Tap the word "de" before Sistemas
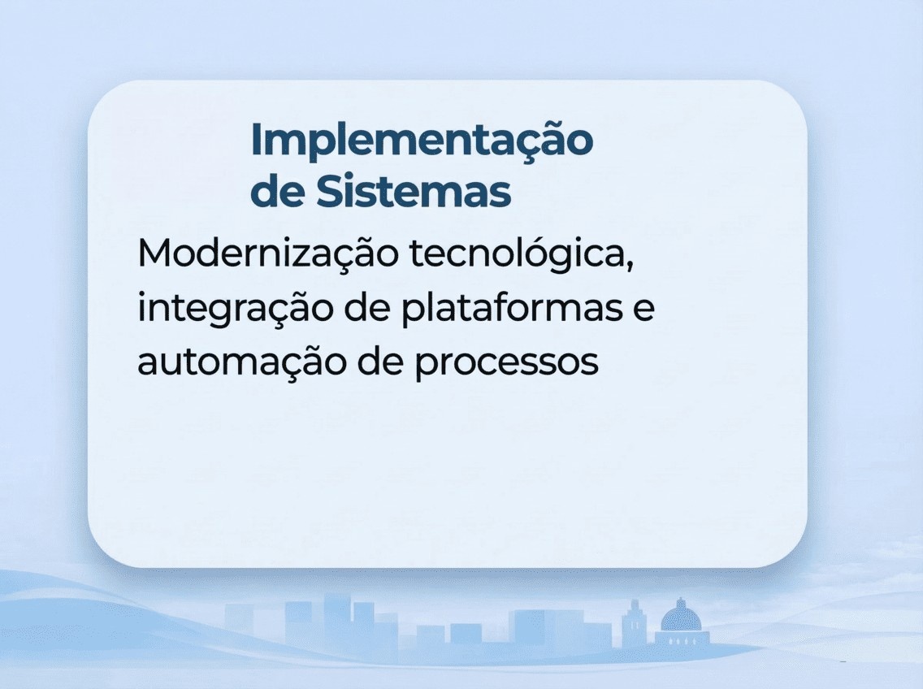[x=276, y=193]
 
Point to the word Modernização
[x=268, y=253]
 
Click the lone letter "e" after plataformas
[x=643, y=310]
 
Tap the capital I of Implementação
[x=256, y=140]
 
